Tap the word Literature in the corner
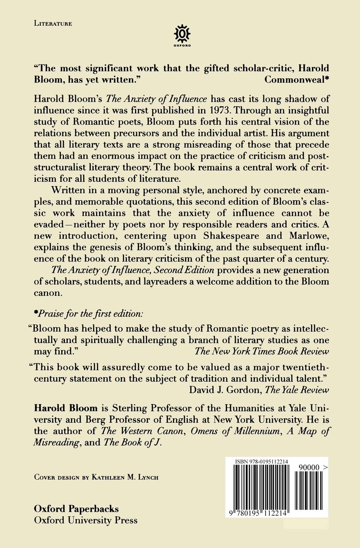(53, 23)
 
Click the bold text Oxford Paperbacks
(77, 509)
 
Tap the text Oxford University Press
(86, 520)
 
